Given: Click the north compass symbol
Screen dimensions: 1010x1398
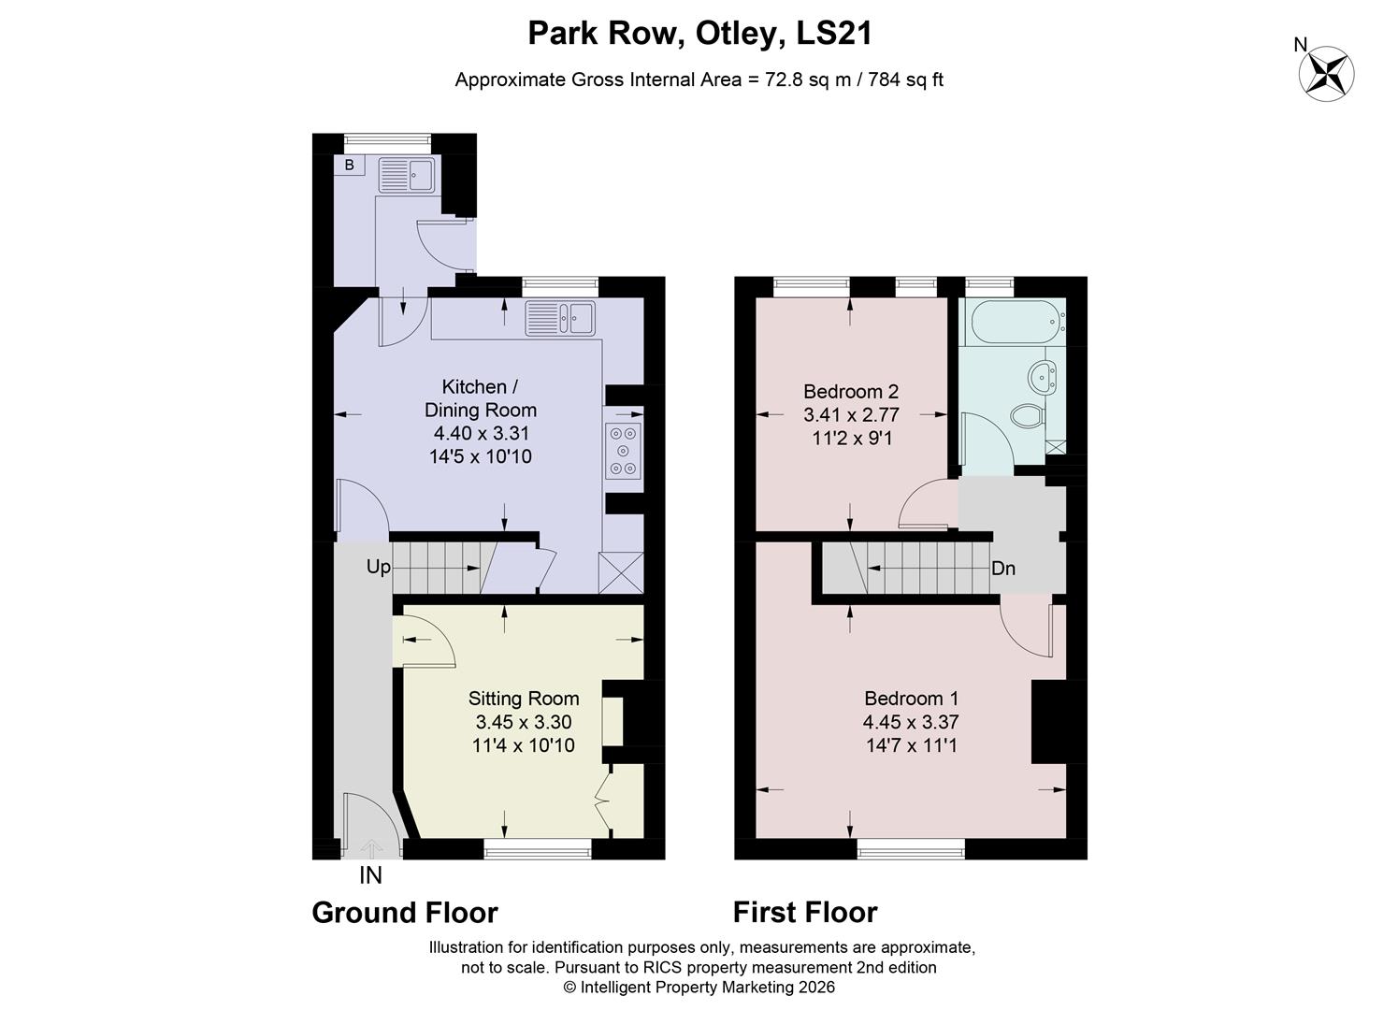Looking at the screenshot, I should coord(1327,73).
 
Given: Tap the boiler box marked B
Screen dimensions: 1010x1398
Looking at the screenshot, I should coord(350,166).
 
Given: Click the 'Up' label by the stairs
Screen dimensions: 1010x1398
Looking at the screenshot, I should coord(378,567).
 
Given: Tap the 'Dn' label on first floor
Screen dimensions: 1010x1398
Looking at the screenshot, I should coord(1003,569).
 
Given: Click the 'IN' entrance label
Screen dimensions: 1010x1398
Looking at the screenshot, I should coord(370,876).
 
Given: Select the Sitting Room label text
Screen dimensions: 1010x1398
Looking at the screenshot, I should coord(524,699).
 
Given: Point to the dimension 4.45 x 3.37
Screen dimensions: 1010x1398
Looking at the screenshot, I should coord(911,722).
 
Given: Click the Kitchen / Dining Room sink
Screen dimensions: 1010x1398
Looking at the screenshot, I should coord(560,318).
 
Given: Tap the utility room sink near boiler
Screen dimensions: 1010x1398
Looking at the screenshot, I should coord(407,175).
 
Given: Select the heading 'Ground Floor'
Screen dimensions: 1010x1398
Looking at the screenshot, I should coord(405,912).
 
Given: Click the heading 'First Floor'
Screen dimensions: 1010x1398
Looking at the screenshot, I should coord(805,912).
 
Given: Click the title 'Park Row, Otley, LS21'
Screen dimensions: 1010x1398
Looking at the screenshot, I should coord(699,34).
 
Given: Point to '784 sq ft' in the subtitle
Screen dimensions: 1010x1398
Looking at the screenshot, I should coord(905,79).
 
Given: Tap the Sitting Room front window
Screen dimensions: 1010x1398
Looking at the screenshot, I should coord(538,848).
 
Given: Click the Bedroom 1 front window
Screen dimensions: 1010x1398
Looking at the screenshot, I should coord(911,848).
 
